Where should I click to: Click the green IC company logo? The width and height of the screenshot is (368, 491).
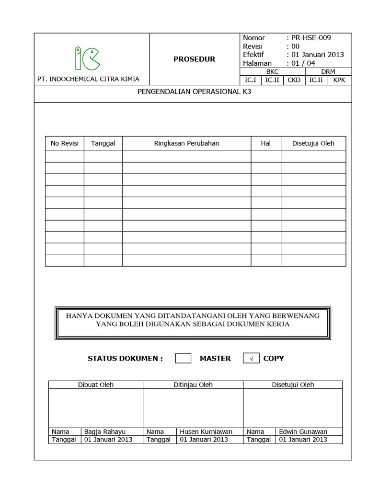(x=88, y=59)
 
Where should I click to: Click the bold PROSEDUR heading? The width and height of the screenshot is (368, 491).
(x=194, y=59)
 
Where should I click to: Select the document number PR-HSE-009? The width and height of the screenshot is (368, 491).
(x=310, y=38)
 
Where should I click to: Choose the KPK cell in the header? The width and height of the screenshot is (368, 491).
(x=340, y=80)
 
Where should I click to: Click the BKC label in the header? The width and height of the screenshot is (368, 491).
(x=272, y=71)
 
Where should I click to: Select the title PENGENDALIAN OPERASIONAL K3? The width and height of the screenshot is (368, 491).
(x=194, y=94)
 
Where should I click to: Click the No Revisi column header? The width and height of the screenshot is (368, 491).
(x=65, y=143)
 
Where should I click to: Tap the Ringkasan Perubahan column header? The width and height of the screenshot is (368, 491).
(x=186, y=143)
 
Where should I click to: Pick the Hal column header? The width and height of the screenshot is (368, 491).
(x=265, y=143)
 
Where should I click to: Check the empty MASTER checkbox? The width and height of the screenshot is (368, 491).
(x=183, y=358)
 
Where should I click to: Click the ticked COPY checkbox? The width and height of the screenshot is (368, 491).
(x=252, y=358)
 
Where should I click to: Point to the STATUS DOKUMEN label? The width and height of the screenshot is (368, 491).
(x=126, y=358)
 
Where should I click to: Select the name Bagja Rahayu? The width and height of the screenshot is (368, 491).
(x=104, y=432)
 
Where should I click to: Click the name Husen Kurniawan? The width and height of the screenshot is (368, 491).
(x=206, y=432)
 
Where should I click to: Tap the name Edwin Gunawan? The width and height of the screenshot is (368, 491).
(x=303, y=432)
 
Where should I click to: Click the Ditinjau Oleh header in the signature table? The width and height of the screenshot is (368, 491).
(x=193, y=385)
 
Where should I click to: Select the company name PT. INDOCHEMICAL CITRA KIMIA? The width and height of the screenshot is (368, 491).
(x=88, y=79)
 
